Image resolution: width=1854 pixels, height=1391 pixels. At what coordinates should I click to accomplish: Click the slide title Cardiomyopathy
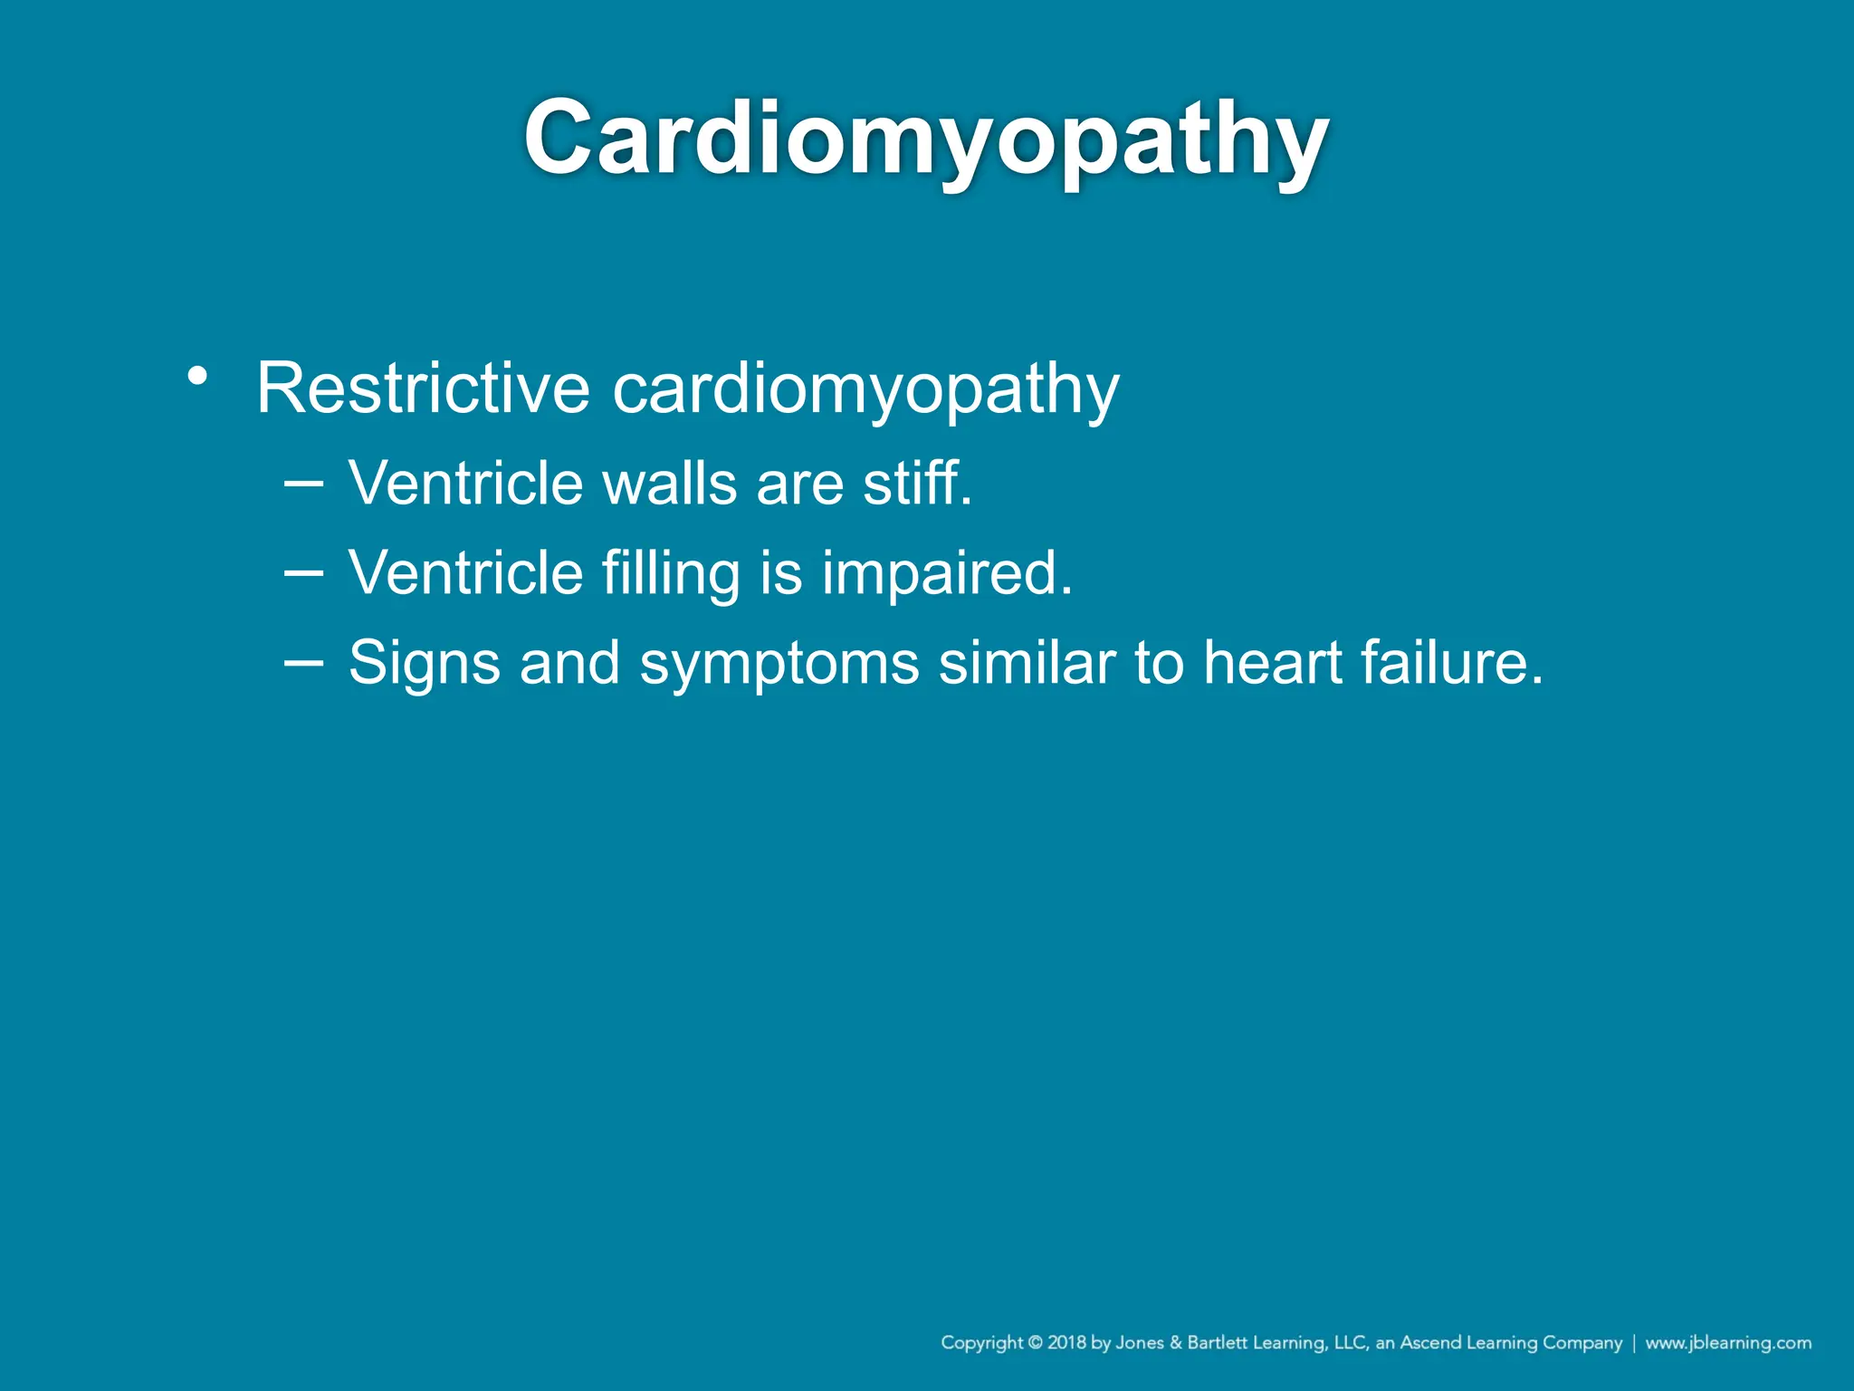click(x=926, y=139)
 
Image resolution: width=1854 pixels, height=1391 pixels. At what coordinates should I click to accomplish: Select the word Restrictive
click(x=423, y=389)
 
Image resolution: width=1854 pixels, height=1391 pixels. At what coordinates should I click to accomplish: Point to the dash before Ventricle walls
click(x=303, y=484)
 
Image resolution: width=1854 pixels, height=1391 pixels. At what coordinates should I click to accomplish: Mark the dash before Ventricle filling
click(x=303, y=573)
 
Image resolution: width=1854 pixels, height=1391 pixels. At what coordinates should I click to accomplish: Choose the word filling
click(x=671, y=574)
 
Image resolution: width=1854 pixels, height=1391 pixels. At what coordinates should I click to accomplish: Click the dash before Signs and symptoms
click(x=303, y=663)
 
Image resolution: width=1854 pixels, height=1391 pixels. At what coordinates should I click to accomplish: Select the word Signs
click(x=424, y=664)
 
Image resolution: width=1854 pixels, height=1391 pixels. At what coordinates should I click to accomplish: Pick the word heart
click(x=1273, y=663)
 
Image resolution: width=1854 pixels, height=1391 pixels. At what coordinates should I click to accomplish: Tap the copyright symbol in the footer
click(x=1034, y=1342)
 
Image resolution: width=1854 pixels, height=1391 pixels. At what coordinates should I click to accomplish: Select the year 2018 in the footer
click(x=1066, y=1342)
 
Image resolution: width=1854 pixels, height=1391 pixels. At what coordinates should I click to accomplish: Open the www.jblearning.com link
click(x=1728, y=1343)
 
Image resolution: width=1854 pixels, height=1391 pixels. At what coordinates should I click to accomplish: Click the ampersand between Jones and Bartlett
click(x=1175, y=1342)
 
